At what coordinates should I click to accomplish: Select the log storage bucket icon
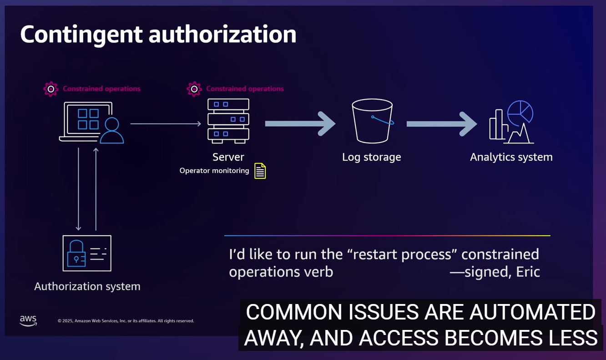click(372, 121)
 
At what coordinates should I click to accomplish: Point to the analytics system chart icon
click(511, 122)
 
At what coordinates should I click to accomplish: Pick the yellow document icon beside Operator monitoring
click(260, 171)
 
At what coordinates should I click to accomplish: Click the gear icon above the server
click(194, 89)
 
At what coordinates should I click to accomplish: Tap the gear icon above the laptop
click(50, 89)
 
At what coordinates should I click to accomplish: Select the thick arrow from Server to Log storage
click(300, 123)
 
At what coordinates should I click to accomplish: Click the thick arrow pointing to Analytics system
click(442, 123)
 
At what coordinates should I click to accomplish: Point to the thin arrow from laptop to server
click(166, 123)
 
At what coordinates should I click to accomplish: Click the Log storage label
click(371, 157)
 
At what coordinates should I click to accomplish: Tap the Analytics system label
click(511, 157)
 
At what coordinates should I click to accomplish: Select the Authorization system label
click(87, 286)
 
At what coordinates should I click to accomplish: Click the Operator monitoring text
click(214, 171)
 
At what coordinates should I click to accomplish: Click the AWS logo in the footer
click(28, 320)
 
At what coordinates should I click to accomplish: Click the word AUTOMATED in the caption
click(532, 312)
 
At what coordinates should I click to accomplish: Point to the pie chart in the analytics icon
click(520, 112)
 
